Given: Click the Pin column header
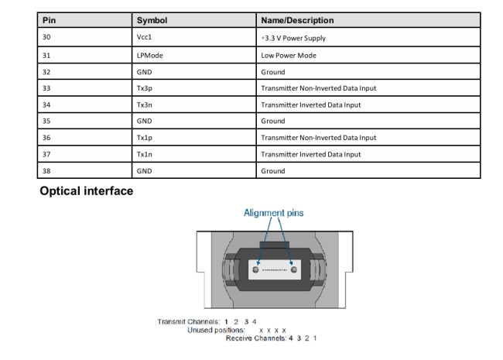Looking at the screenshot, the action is coord(49,20).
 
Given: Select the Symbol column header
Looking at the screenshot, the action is coord(152,20).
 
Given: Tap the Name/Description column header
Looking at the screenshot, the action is coord(297,20).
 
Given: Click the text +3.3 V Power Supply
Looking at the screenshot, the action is coord(293,38).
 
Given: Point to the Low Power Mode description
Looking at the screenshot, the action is coord(289,56).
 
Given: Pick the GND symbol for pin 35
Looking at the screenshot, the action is coord(145,121).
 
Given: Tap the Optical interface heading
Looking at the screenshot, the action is coord(87,191).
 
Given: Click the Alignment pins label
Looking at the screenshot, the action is coord(274,213).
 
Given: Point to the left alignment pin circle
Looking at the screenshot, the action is coord(255,269).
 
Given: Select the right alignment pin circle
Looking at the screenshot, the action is coord(293,269).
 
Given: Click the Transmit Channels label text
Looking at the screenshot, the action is coord(189,321).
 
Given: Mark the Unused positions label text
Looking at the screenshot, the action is coord(216,330).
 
